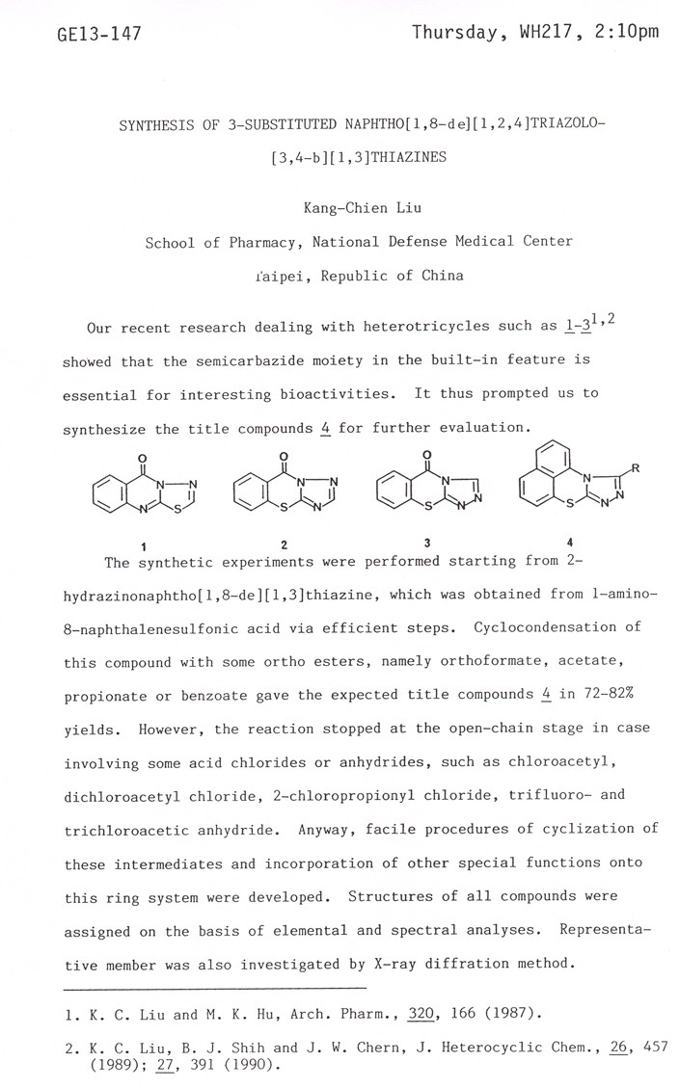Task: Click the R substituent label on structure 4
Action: point(636,469)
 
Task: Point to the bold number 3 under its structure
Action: point(426,543)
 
